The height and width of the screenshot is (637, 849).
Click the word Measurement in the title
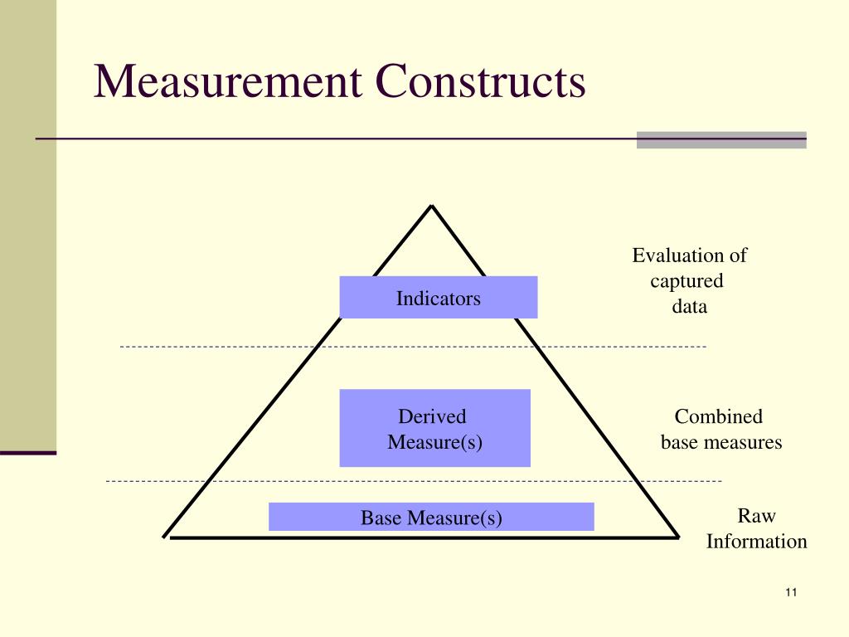tap(226, 83)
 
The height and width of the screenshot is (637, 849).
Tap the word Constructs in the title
tap(481, 83)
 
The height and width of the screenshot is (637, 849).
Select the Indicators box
tap(439, 298)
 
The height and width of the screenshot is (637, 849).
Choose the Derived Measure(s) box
tap(434, 428)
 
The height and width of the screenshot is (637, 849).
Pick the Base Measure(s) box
tap(431, 517)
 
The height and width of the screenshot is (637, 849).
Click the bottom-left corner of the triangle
tap(165, 537)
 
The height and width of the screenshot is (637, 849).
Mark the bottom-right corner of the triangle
tap(678, 537)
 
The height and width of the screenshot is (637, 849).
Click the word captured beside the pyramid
tap(686, 281)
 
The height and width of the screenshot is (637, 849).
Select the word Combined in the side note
tap(718, 416)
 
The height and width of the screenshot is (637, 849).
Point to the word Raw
tap(756, 516)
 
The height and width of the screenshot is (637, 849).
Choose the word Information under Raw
tap(756, 542)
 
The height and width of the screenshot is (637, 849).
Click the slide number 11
tap(789, 592)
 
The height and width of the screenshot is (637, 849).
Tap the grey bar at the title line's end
tap(721, 139)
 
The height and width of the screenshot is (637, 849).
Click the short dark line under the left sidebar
tap(28, 453)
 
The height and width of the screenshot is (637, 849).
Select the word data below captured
tap(690, 307)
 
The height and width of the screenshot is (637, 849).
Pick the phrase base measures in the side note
tap(721, 442)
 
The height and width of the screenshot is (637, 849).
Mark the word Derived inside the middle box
tap(433, 416)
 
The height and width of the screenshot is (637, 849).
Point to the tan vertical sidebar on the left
tap(28, 224)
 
